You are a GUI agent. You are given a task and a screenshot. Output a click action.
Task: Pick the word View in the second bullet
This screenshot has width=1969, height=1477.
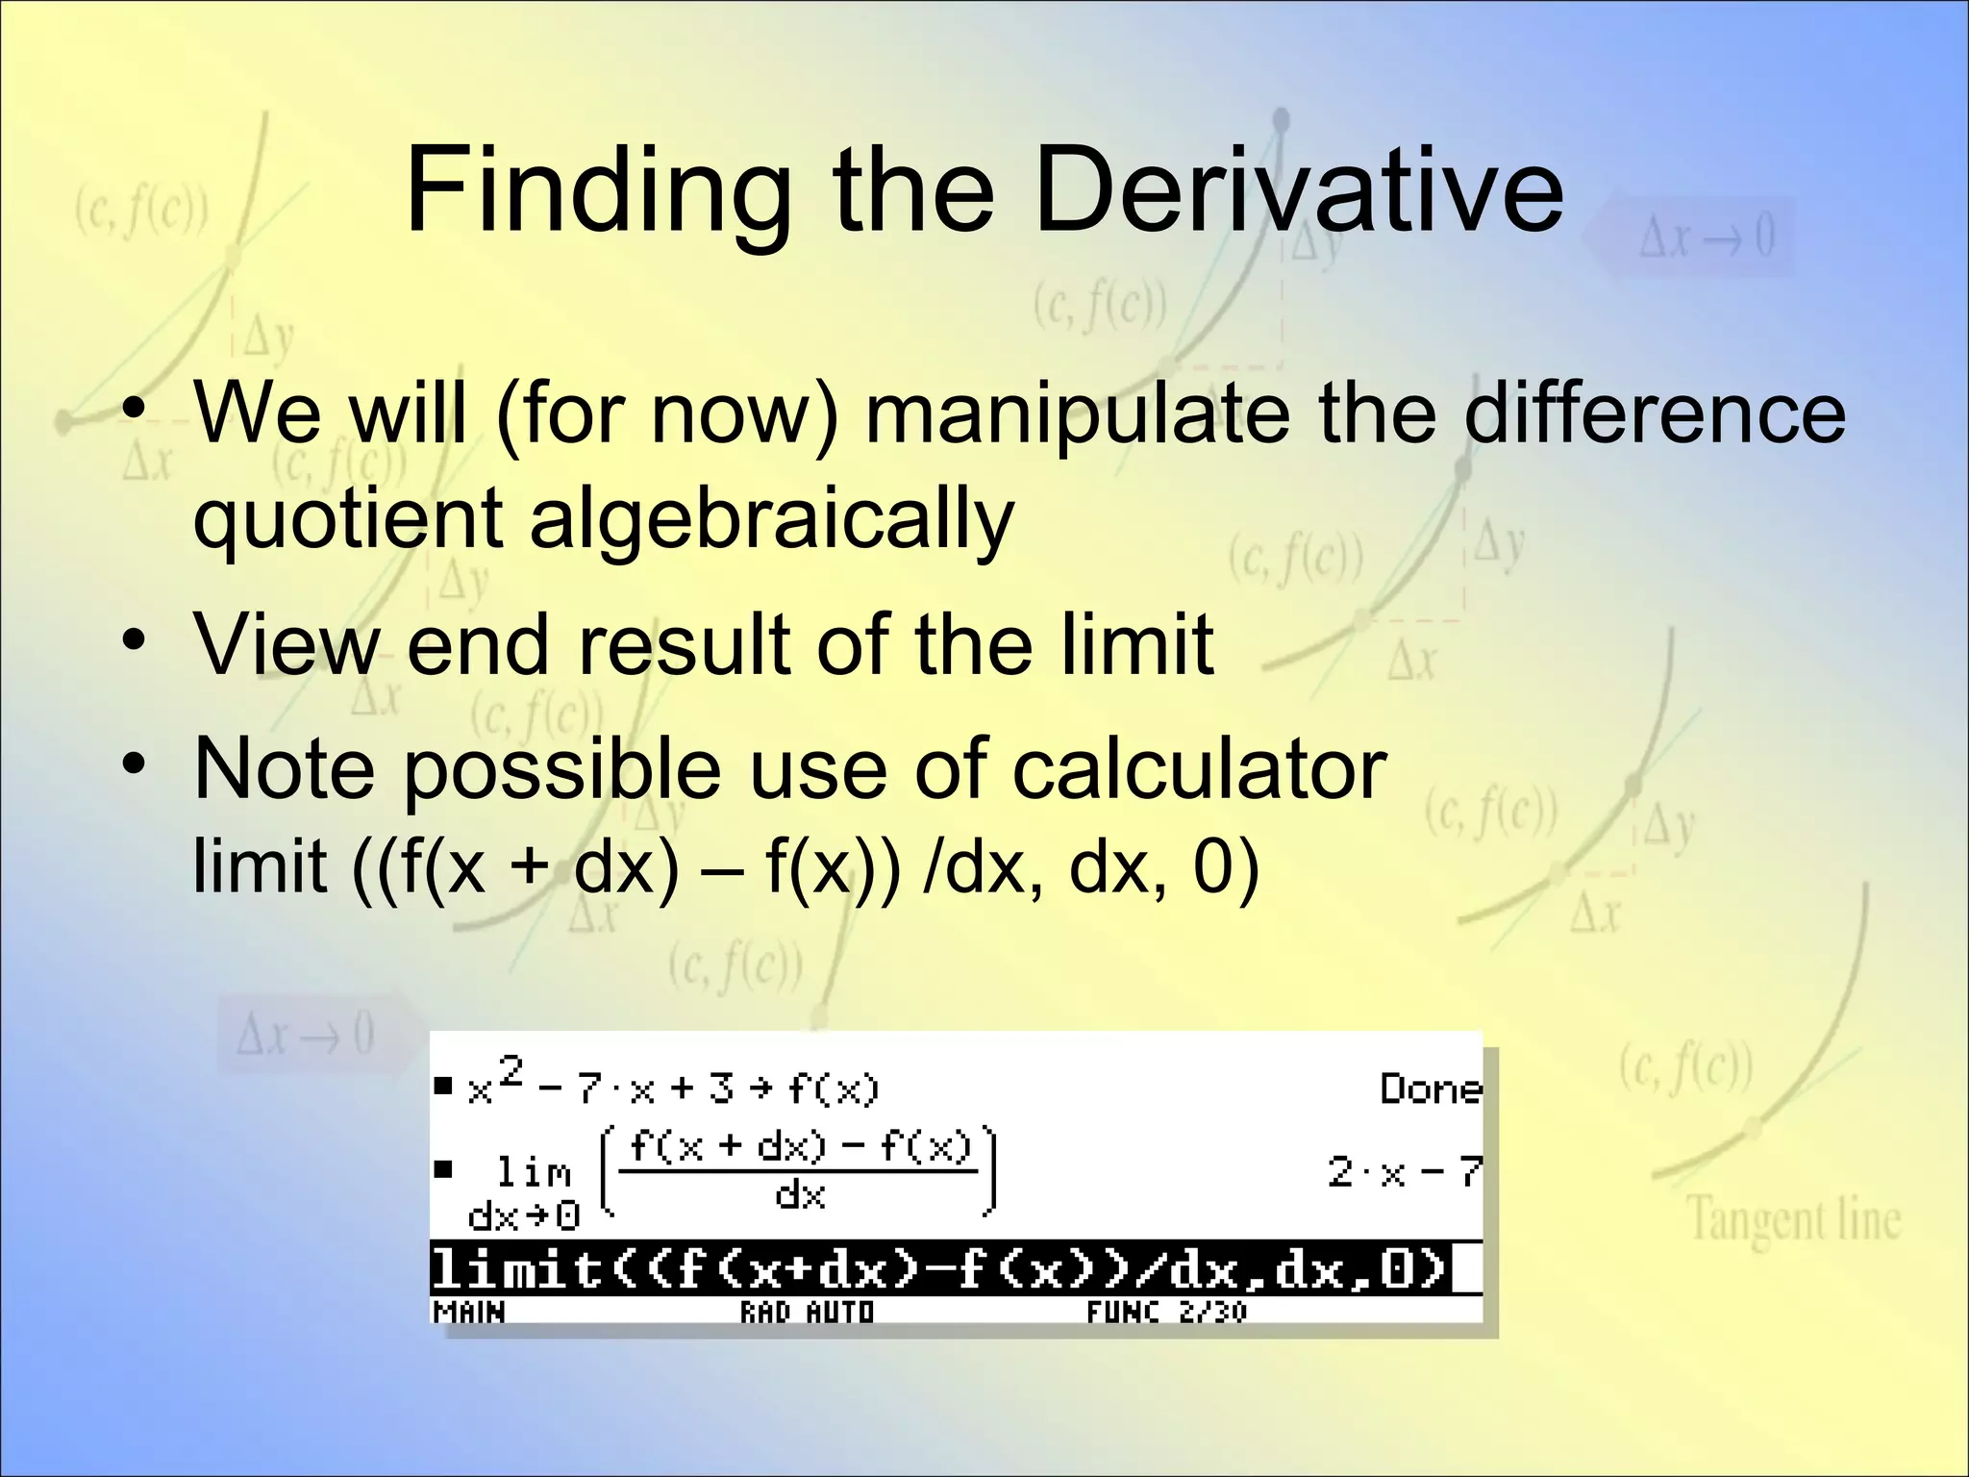(x=287, y=644)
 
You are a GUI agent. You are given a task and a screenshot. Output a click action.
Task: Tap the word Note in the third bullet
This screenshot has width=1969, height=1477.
(x=284, y=769)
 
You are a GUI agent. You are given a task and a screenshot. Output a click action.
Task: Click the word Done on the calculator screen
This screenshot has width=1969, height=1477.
(x=1431, y=1089)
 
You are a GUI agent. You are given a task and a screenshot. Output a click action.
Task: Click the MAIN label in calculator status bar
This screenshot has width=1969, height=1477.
(x=469, y=1312)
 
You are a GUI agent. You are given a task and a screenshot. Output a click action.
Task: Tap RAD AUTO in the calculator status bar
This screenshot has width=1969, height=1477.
(x=807, y=1312)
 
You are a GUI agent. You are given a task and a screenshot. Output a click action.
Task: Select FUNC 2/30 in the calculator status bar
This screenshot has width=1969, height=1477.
(x=1166, y=1312)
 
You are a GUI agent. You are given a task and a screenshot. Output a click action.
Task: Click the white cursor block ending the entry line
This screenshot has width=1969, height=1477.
(x=1465, y=1269)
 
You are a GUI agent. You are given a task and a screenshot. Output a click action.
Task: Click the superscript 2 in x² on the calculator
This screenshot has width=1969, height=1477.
(x=511, y=1069)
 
